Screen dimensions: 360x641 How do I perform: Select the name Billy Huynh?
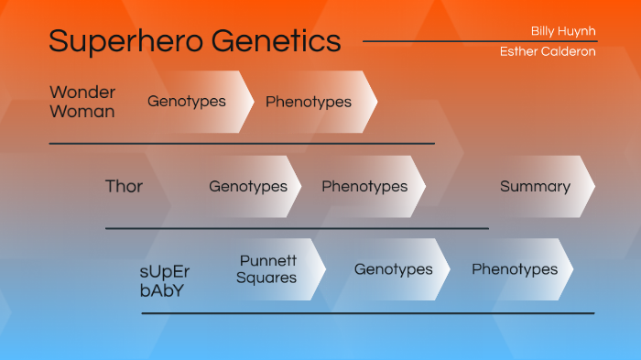coord(563,31)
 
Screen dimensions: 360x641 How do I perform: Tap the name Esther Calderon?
coord(548,52)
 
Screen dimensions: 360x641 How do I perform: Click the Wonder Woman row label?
coord(82,102)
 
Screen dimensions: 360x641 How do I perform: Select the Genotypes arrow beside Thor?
coord(248,187)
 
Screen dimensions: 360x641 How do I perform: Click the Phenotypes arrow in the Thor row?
coord(364,187)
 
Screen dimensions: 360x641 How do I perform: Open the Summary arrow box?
coord(536,187)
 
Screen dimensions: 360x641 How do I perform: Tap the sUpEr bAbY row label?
coord(165,281)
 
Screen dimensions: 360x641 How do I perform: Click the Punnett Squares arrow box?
coord(267,269)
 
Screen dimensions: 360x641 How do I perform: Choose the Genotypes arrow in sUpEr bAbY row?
coord(394,270)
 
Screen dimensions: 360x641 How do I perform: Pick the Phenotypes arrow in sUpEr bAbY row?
coord(515,270)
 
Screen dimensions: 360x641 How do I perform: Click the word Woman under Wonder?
coord(82,112)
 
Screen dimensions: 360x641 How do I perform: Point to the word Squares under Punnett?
coord(266,278)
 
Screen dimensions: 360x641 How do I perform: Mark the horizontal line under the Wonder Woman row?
coord(242,144)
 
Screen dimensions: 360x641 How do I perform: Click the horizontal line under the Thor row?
coord(297,228)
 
